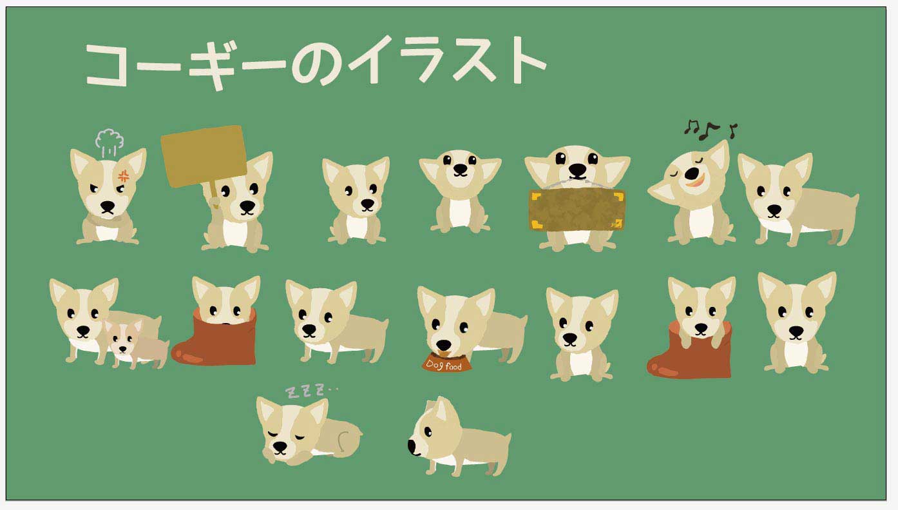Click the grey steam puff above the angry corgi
click(110, 141)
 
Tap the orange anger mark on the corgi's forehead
click(124, 175)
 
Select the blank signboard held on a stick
click(204, 155)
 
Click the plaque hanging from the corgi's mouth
click(577, 210)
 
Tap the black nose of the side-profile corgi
click(412, 447)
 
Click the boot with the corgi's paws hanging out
click(689, 352)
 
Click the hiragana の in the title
click(317, 64)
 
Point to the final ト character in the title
click(527, 60)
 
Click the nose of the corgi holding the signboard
click(247, 206)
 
